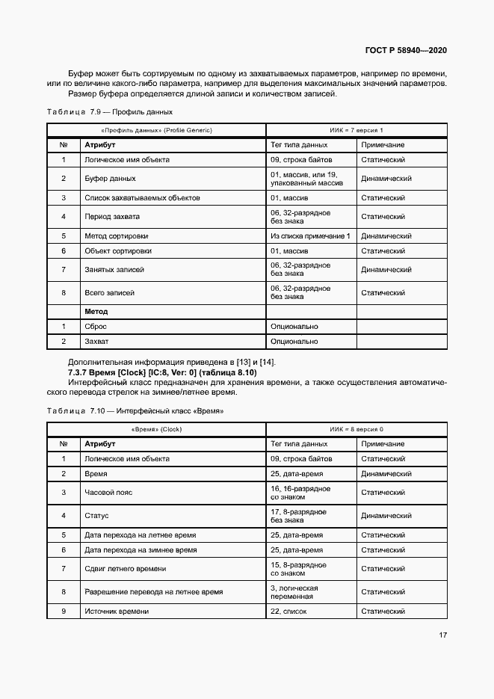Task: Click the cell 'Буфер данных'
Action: [x=110, y=179]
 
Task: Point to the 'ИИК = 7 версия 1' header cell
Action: [x=356, y=130]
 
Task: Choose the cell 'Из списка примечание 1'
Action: [x=310, y=235]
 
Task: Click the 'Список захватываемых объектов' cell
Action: [x=132, y=198]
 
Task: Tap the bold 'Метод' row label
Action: [x=96, y=311]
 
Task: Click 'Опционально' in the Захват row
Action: [x=294, y=342]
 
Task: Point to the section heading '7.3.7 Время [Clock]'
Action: [x=162, y=372]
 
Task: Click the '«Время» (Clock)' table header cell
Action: [x=157, y=429]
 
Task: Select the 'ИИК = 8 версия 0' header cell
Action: [x=356, y=429]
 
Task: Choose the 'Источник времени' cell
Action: [x=117, y=611]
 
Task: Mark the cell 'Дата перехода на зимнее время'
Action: [x=141, y=549]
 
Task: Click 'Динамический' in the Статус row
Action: [x=386, y=516]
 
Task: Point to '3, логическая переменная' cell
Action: [x=294, y=592]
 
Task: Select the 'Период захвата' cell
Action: [x=111, y=217]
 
